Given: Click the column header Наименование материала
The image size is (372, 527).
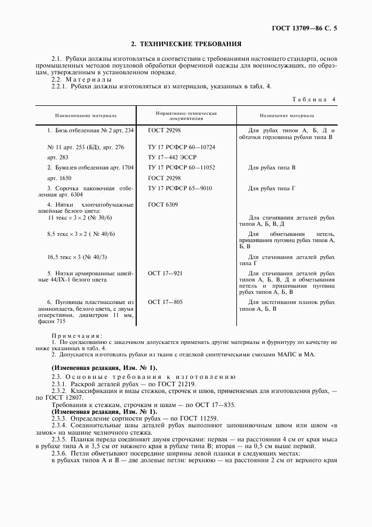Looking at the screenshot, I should (x=86, y=115).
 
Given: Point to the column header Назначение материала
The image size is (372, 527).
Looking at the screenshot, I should (x=286, y=115).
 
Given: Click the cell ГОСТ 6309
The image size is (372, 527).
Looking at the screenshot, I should (x=163, y=205).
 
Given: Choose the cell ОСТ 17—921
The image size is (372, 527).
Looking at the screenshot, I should (x=165, y=273).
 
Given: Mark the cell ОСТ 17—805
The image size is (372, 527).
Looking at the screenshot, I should (x=165, y=302).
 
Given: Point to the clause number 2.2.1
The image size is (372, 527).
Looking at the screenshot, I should (x=59, y=86).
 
